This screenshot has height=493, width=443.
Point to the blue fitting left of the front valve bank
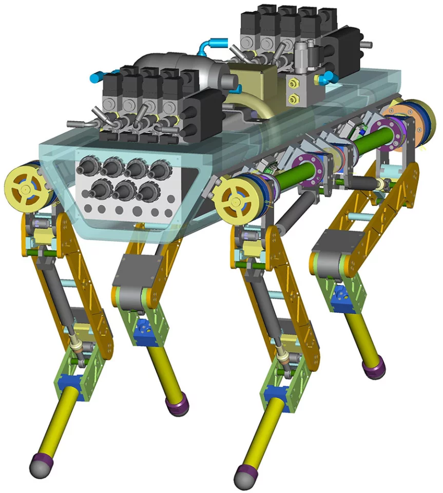click(95, 79)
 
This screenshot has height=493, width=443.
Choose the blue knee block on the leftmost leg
click(68, 383)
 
